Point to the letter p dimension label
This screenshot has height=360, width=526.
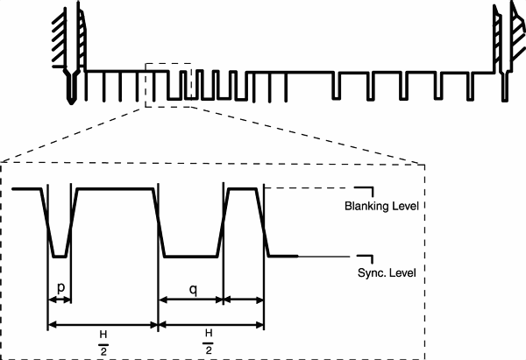pos(58,286)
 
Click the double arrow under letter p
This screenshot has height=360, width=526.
pos(59,300)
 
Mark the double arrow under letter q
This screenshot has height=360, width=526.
pos(190,300)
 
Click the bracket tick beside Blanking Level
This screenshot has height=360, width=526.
pos(366,190)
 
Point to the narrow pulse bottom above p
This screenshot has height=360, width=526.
pos(59,257)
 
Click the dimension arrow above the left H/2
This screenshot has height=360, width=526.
pos(103,325)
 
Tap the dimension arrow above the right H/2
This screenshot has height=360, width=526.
pos(210,325)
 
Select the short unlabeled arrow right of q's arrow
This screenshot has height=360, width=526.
pos(245,300)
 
